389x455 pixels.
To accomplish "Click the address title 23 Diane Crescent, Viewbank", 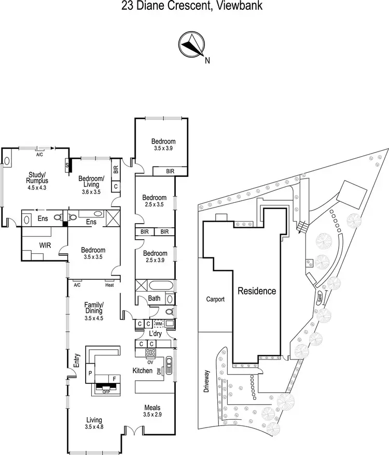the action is pyautogui.click(x=194, y=7).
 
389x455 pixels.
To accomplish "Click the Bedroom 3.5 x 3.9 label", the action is pyautogui.click(x=163, y=144).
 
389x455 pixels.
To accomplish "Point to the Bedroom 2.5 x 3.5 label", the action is pyautogui.click(x=155, y=201).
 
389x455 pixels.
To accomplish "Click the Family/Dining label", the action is pyautogui.click(x=94, y=308).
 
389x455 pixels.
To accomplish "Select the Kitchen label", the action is pyautogui.click(x=143, y=370).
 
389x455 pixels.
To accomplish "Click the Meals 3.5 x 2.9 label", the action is pyautogui.click(x=154, y=411).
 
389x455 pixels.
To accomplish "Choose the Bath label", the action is pyautogui.click(x=154, y=298).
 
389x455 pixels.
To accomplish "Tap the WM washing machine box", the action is pyautogui.click(x=159, y=324).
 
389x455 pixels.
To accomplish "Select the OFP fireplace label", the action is pyautogui.click(x=106, y=392).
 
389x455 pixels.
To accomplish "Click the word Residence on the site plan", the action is pyautogui.click(x=257, y=291).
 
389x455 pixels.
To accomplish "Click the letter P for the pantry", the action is pyautogui.click(x=90, y=374).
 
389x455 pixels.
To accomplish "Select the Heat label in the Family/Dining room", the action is pyautogui.click(x=109, y=284).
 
